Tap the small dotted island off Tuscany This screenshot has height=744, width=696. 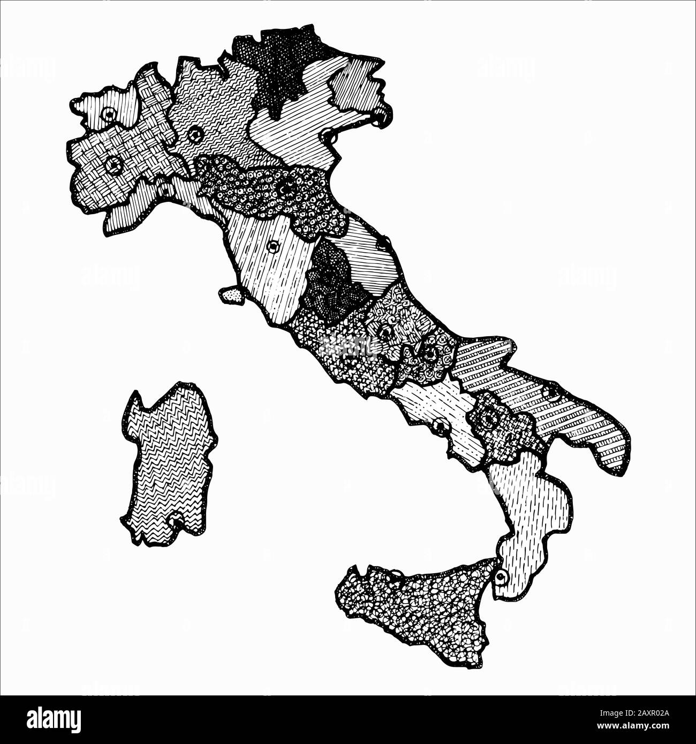(x=231, y=295)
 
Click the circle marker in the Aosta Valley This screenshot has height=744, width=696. (x=109, y=114)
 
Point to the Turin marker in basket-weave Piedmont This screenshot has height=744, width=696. (x=114, y=165)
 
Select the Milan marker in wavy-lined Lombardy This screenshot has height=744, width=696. (x=194, y=134)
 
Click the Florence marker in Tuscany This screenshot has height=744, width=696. (x=274, y=246)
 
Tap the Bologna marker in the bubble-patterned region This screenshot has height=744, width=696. (x=288, y=188)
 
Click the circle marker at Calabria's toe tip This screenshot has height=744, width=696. (x=501, y=578)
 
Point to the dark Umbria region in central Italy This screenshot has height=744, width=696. (x=329, y=284)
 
